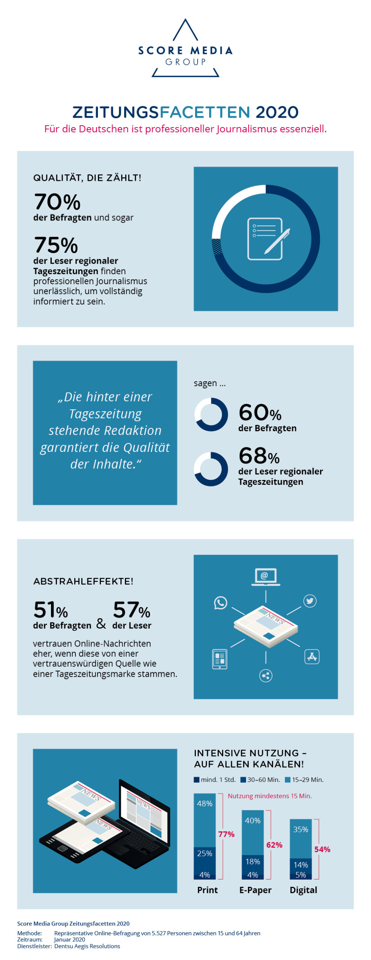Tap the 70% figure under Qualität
click(57, 202)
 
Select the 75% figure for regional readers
click(56, 245)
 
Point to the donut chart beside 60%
click(211, 414)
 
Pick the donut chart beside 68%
click(211, 469)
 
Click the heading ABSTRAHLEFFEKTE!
click(83, 581)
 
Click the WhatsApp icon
click(220, 602)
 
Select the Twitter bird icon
click(309, 601)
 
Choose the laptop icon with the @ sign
click(265, 576)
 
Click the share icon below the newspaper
click(266, 675)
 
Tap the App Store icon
click(312, 657)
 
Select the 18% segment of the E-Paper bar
click(252, 861)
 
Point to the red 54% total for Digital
click(322, 849)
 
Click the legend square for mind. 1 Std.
click(197, 780)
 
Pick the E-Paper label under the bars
click(255, 890)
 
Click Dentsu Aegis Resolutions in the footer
click(87, 946)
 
